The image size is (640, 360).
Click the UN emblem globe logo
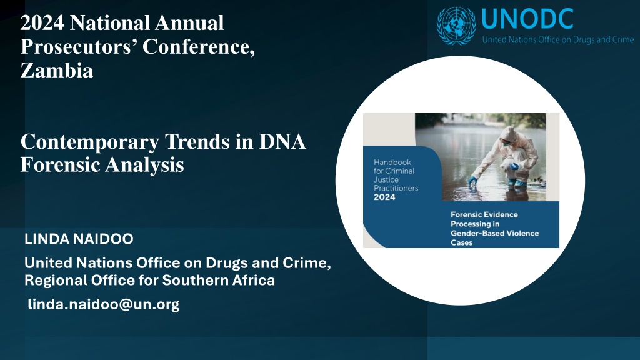456,26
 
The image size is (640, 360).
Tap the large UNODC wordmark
527,19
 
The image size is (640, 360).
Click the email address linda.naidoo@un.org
104,304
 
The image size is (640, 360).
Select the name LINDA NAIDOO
79,239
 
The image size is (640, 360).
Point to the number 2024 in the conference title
42,22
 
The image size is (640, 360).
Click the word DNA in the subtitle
282,142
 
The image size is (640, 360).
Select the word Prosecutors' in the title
79,46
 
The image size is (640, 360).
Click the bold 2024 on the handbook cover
384,197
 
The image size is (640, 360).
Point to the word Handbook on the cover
392,162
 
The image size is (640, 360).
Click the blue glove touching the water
472,180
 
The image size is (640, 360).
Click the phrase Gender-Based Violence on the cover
495,234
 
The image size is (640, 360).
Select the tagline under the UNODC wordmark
558,39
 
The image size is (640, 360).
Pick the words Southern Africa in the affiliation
219,281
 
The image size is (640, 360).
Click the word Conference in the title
198,46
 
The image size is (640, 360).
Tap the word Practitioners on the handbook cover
396,188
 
